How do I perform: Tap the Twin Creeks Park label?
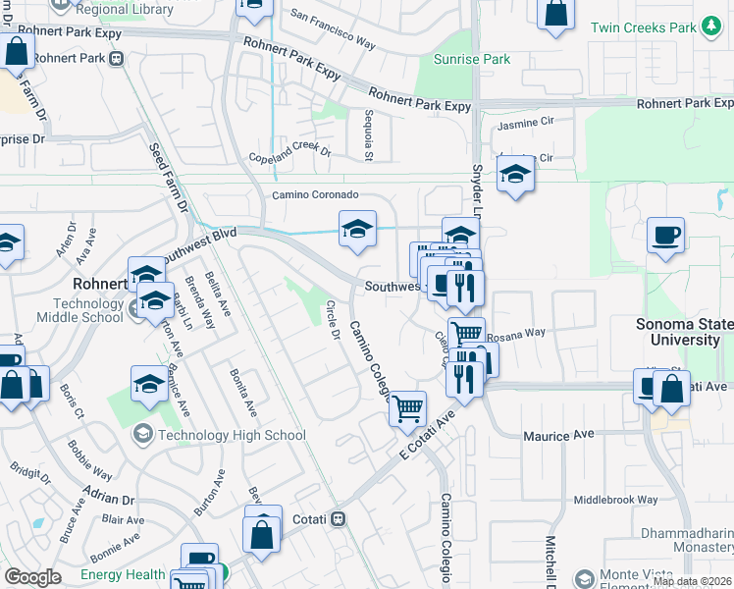642,27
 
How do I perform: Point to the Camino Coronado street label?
309,195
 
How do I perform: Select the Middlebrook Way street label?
615,500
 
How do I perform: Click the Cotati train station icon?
339,517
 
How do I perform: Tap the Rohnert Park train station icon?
117,58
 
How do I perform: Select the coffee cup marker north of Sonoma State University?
666,235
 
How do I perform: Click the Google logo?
32,577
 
